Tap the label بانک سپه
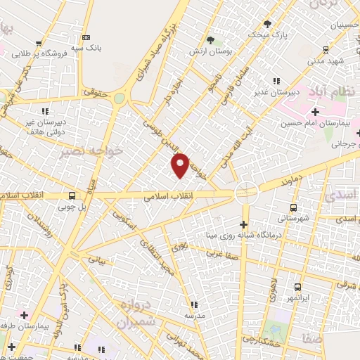click(91, 48)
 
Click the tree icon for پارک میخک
click(266, 23)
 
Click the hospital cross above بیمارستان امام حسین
click(315, 112)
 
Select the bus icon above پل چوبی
click(72, 196)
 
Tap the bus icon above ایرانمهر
click(297, 287)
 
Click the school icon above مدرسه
click(195, 304)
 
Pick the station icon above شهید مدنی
click(325, 49)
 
